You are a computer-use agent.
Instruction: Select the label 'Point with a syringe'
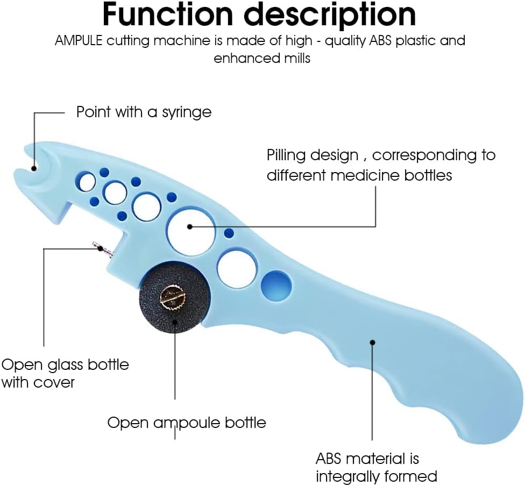pos(144,112)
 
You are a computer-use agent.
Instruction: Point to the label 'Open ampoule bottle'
pos(187,422)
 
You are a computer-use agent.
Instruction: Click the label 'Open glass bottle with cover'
pos(65,373)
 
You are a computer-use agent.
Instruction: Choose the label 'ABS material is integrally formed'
pos(375,468)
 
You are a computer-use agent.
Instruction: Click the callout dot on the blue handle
pos(372,342)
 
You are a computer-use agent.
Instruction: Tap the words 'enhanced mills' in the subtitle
pos(262,58)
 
